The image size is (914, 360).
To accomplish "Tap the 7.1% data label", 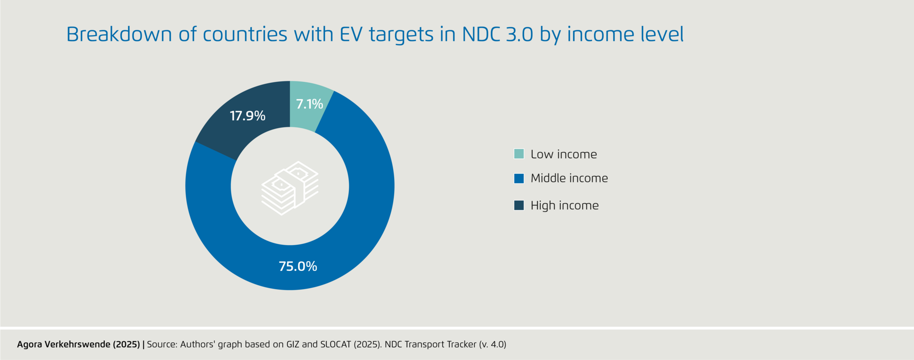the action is [309, 104].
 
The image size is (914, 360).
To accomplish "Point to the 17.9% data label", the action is [248, 116].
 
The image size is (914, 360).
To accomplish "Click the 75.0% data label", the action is [298, 266].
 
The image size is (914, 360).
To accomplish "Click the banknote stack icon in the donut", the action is [290, 188].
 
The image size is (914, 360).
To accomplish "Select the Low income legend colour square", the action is [519, 154].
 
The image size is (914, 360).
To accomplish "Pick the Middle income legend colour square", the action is [519, 178].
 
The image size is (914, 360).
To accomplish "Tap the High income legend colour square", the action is [519, 205].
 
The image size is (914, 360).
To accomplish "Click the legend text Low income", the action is [564, 154].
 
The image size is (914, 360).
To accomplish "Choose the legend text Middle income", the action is [569, 178].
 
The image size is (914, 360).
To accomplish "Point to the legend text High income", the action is [565, 205].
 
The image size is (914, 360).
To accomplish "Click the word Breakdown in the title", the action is [119, 34].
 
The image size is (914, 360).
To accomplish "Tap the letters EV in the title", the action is [351, 34].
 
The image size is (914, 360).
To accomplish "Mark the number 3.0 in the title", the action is [519, 34].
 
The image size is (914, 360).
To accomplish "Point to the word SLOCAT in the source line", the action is [336, 344].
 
